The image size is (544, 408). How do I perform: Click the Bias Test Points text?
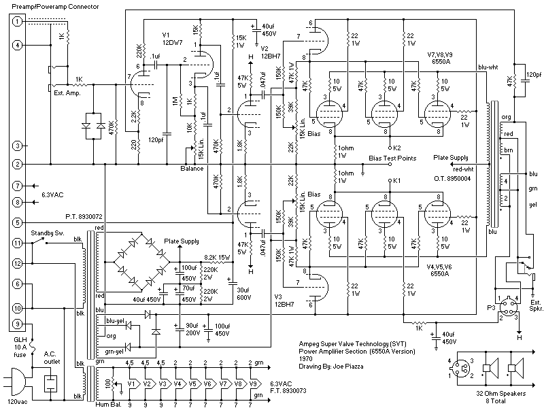click(x=392, y=158)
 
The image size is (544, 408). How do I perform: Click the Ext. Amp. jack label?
click(x=67, y=93)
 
